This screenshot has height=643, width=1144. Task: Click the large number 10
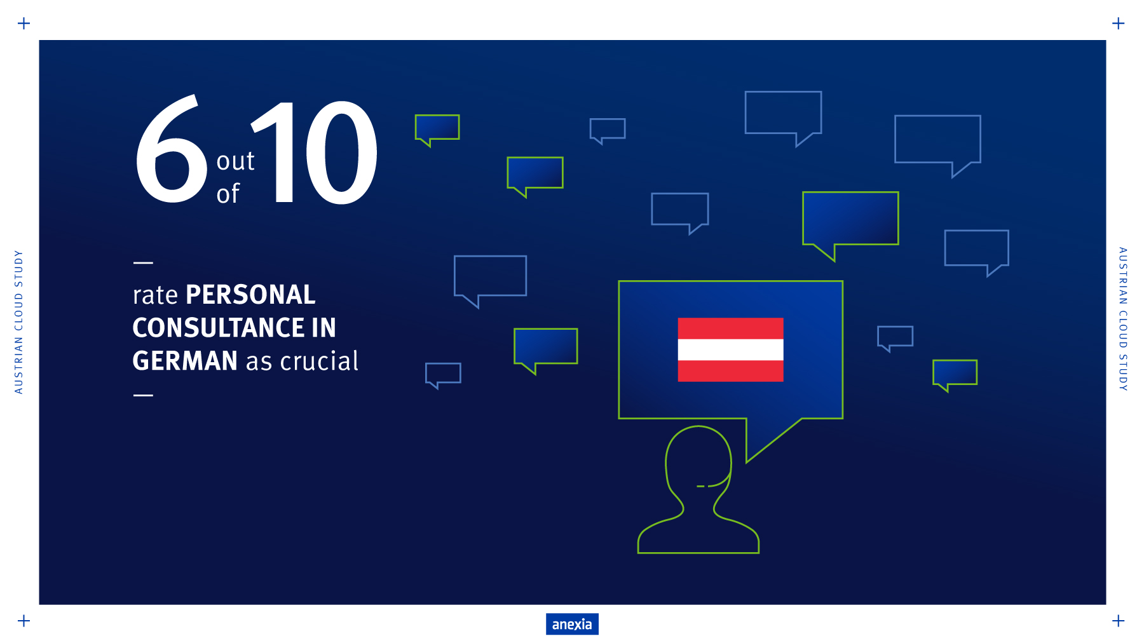pyautogui.click(x=314, y=152)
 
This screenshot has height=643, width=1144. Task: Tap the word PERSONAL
pyautogui.click(x=250, y=295)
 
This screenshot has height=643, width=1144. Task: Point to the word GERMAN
pyautogui.click(x=185, y=361)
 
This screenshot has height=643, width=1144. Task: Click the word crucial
pyautogui.click(x=320, y=361)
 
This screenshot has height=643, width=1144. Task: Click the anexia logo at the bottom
pyautogui.click(x=572, y=624)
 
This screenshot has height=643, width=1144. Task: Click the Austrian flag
pyautogui.click(x=730, y=349)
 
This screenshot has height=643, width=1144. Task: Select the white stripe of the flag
pyautogui.click(x=730, y=349)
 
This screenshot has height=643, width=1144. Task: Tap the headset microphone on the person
pyautogui.click(x=702, y=486)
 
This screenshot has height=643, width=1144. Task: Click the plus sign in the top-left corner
pyautogui.click(x=24, y=24)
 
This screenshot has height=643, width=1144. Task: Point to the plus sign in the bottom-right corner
pyautogui.click(x=1119, y=621)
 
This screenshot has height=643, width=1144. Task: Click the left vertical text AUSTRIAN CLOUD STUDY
pyautogui.click(x=18, y=321)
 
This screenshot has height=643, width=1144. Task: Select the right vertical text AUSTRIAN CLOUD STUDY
pyautogui.click(x=1123, y=319)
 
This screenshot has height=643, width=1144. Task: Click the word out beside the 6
pyautogui.click(x=235, y=161)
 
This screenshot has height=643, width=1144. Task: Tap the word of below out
pyautogui.click(x=228, y=193)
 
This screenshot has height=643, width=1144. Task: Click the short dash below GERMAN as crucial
pyautogui.click(x=143, y=395)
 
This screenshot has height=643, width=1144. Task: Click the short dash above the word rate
pyautogui.click(x=143, y=262)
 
